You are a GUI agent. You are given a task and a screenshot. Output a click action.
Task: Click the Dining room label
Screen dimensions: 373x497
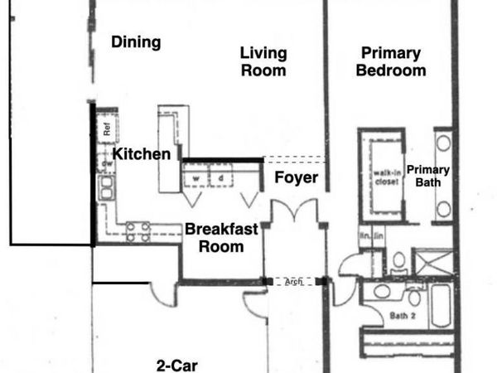click(136, 42)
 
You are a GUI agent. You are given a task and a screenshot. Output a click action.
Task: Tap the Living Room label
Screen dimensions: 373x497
click(263, 62)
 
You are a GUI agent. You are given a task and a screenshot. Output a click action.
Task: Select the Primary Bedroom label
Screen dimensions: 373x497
click(391, 62)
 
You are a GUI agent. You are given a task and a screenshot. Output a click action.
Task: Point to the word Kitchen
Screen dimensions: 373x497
click(142, 154)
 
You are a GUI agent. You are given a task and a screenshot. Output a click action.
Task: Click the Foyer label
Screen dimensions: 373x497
click(297, 177)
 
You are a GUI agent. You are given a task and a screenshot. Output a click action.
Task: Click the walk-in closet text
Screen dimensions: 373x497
click(381, 176)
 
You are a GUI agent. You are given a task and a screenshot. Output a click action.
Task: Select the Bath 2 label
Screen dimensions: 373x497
click(403, 316)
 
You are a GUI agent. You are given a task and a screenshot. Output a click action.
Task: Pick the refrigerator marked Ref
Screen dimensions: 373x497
click(106, 128)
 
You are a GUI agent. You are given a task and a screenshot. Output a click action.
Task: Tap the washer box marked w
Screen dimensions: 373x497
click(197, 177)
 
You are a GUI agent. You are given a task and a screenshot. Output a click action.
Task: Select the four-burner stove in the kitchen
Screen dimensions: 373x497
click(138, 231)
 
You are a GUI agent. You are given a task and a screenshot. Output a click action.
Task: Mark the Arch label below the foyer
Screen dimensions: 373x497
click(292, 282)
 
